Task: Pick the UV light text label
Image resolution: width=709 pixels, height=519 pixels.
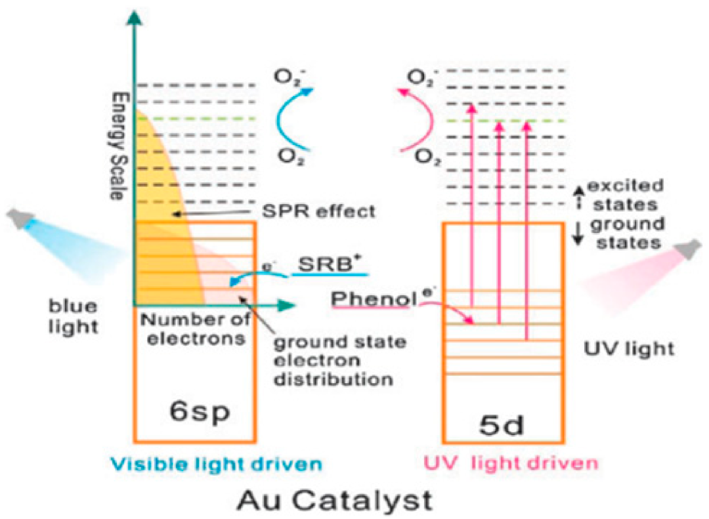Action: (629, 348)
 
